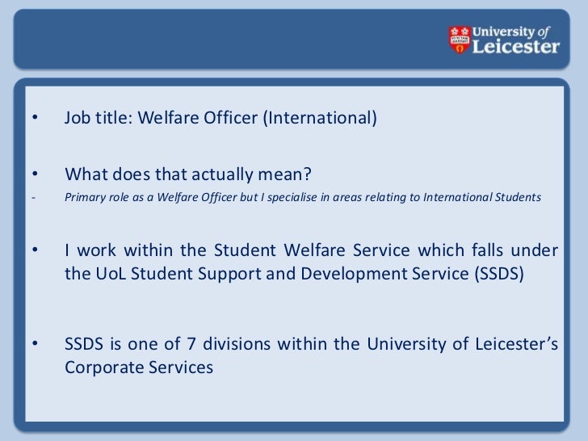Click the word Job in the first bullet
pos(78,120)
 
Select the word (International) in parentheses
pos(323,120)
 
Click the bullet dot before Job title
pos(35,120)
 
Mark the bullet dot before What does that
pos(35,174)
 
